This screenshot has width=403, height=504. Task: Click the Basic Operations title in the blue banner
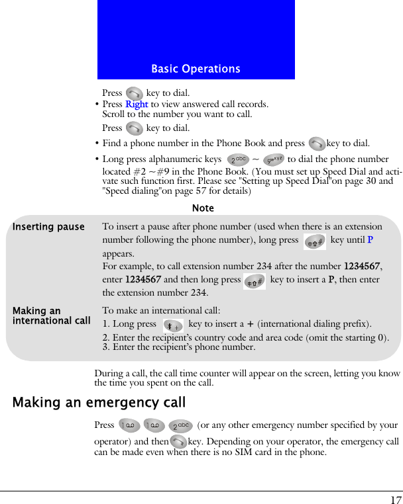point(196,69)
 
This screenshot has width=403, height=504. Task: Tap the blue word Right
point(137,104)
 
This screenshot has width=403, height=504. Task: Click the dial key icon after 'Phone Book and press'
point(317,143)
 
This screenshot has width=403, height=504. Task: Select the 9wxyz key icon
point(273,159)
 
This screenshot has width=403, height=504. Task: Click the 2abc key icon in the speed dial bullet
point(237,159)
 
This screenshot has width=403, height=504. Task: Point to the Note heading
point(203,208)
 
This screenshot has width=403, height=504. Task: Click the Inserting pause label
point(48,227)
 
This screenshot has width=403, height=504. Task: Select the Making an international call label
point(51,315)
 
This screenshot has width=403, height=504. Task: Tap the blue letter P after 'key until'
point(370,240)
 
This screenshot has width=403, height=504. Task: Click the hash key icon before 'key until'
point(314,241)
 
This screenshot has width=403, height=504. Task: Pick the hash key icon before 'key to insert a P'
point(255,281)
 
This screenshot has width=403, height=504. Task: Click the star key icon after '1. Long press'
point(174,325)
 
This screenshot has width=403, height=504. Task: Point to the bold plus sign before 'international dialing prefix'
point(250,324)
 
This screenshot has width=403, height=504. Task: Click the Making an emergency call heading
point(99,402)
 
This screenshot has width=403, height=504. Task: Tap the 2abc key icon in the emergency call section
point(180,426)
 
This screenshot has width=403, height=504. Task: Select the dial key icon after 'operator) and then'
point(178,442)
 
